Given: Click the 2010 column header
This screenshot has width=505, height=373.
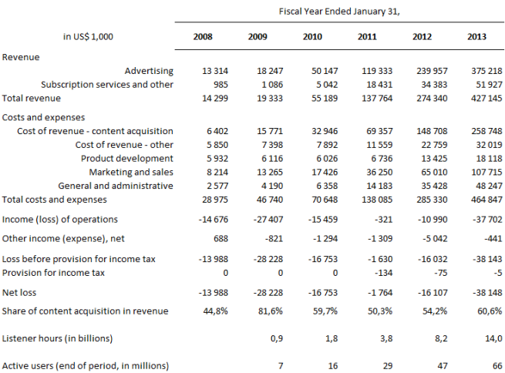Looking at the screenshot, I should click(x=312, y=37).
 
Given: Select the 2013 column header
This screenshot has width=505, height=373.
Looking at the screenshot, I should click(x=476, y=37).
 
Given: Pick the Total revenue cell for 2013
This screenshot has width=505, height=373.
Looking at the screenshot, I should click(x=484, y=98).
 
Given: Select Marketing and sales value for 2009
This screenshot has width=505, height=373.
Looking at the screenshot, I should click(x=266, y=172).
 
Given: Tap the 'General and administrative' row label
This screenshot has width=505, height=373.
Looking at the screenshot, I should click(x=116, y=185).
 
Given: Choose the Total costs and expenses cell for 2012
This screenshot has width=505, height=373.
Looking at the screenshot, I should click(x=429, y=199).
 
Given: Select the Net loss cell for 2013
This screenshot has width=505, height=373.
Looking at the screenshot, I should click(x=486, y=293).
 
